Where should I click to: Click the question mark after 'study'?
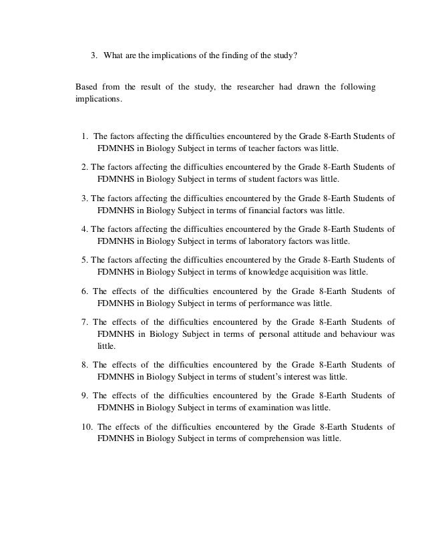click(x=295, y=55)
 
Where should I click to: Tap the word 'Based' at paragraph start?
click(x=85, y=88)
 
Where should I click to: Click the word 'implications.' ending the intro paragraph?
click(x=99, y=99)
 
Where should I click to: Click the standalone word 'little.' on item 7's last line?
click(x=106, y=346)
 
